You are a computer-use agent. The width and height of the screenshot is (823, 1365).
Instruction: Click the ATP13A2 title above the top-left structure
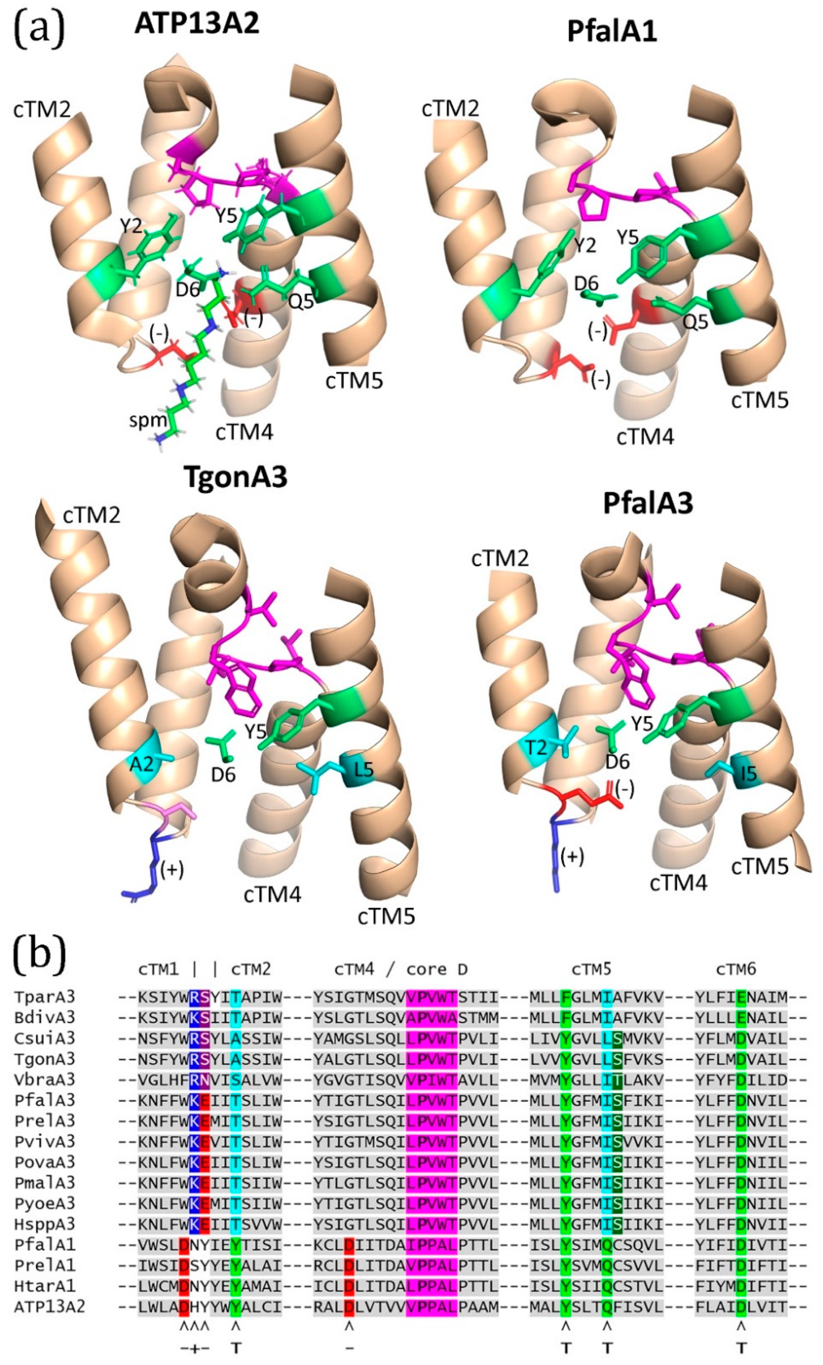(x=197, y=24)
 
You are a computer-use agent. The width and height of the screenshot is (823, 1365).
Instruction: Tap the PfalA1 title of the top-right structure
(x=612, y=31)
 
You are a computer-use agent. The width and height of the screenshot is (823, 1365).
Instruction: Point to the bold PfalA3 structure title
(x=648, y=504)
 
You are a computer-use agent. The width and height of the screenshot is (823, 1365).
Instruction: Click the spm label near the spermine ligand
(x=148, y=420)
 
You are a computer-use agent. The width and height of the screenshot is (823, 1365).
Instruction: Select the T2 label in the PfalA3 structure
(x=536, y=748)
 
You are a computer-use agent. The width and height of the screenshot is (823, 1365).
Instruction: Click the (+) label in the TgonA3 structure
(x=172, y=870)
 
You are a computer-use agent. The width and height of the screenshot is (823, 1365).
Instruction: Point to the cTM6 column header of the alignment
(x=736, y=969)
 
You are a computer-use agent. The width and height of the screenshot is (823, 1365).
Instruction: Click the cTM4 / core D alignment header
(x=401, y=969)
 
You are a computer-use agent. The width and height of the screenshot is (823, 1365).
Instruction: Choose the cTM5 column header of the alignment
(x=592, y=969)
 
